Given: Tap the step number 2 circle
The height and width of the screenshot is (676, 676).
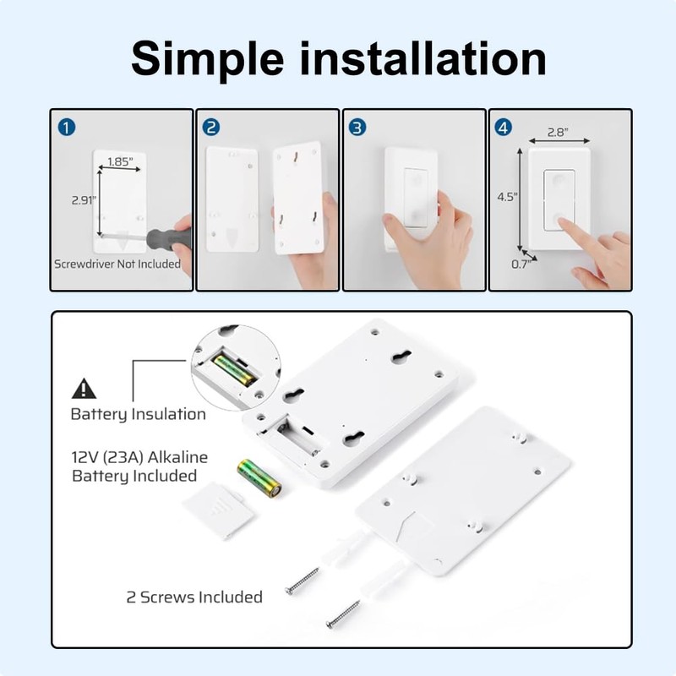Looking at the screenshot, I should tap(212, 128).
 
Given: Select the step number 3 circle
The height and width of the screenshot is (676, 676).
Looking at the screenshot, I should tap(358, 128).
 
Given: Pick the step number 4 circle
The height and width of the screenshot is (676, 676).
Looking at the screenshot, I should tap(504, 128).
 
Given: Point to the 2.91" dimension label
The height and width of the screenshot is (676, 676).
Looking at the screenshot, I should tap(82, 200).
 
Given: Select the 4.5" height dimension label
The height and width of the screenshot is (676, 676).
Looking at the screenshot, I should tap(507, 196).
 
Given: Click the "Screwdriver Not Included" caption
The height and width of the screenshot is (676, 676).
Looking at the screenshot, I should tap(117, 264).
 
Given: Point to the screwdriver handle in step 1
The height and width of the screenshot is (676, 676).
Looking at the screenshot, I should tap(166, 236).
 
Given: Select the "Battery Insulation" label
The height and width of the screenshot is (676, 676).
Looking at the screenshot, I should tap(138, 414).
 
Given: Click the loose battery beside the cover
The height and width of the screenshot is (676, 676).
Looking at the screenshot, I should tap(259, 477).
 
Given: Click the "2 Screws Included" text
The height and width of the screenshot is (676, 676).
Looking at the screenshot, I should tap(194, 597).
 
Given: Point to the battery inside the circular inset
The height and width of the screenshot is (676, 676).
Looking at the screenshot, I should tap(234, 369).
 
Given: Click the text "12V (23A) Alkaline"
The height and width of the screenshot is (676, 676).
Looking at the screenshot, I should tap(139, 457).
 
